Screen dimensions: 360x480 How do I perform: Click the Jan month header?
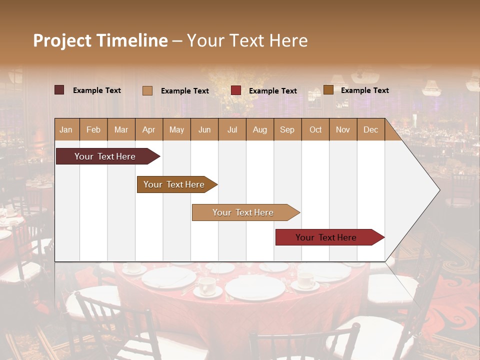click(x=66, y=129)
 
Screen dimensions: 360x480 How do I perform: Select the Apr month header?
click(x=148, y=129)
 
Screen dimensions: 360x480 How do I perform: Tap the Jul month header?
click(x=232, y=129)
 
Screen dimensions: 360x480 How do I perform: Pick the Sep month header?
click(x=287, y=129)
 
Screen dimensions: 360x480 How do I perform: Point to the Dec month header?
click(x=370, y=129)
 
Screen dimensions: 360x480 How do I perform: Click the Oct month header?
click(x=315, y=129)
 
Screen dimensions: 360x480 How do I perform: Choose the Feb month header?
click(x=93, y=129)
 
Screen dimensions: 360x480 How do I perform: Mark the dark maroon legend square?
click(x=59, y=90)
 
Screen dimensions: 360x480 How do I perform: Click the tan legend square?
click(x=147, y=90)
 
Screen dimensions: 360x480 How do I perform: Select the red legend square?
click(x=236, y=90)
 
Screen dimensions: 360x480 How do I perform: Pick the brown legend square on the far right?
click(x=328, y=90)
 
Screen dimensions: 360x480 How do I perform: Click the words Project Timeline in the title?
click(x=100, y=40)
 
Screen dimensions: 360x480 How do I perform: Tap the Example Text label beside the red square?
click(x=272, y=91)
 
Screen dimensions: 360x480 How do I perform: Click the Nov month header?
click(x=342, y=129)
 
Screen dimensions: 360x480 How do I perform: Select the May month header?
click(x=176, y=129)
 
